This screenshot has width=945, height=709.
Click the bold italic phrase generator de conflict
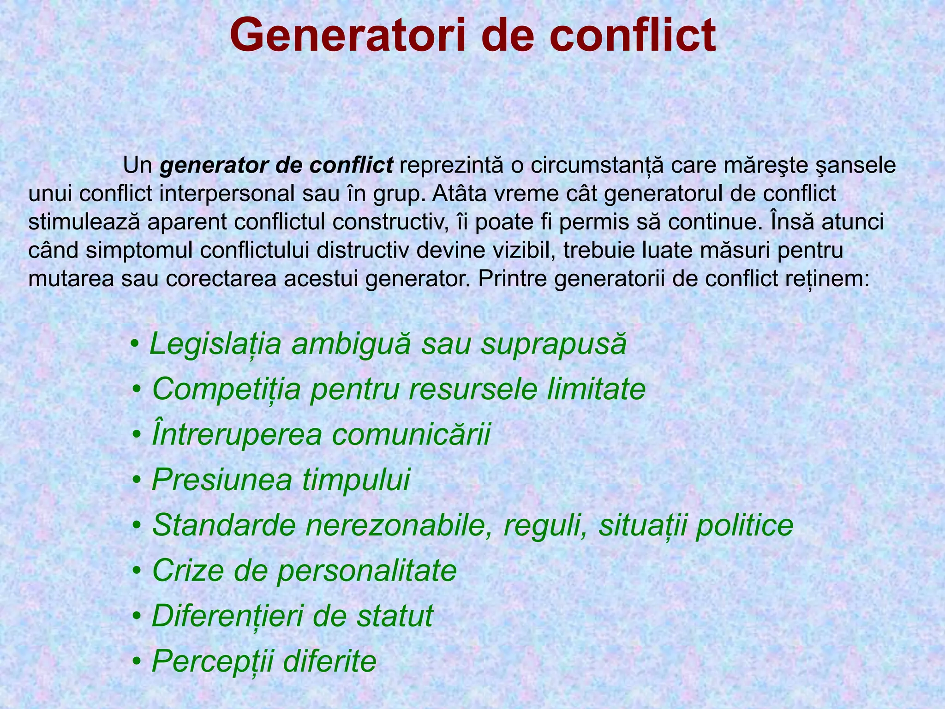[276, 165]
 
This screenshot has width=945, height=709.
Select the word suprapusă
[554, 344]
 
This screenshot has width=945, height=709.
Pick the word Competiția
[226, 389]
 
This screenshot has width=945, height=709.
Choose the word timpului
[356, 480]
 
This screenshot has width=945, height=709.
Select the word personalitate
[366, 571]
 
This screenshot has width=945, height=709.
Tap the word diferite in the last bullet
[329, 661]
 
